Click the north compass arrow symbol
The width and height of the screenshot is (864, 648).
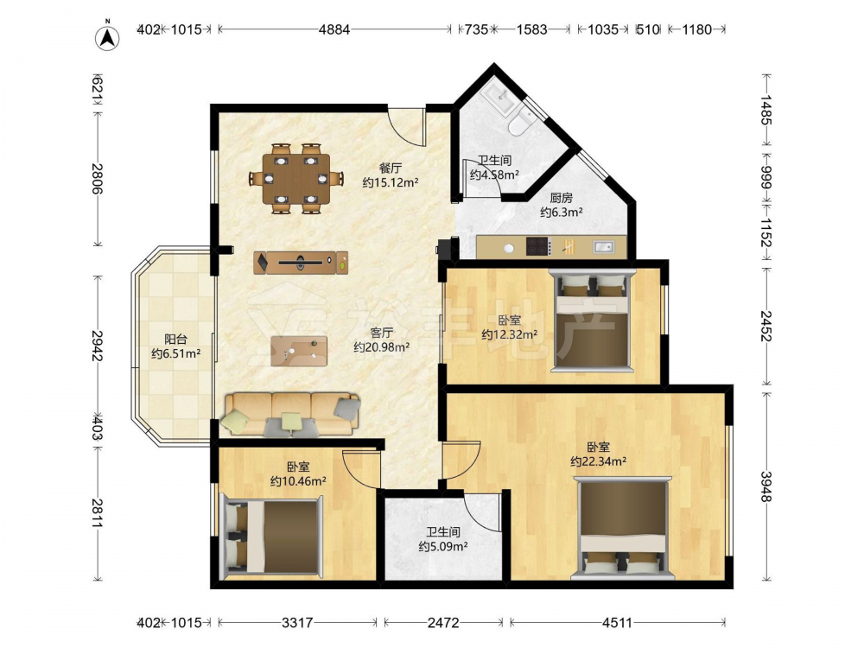click(x=108, y=36)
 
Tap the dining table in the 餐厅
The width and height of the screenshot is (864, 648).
click(x=295, y=178)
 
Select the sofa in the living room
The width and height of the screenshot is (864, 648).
click(x=290, y=415)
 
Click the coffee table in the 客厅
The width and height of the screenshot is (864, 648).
click(x=299, y=351)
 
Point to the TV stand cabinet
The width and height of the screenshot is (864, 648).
click(x=301, y=263)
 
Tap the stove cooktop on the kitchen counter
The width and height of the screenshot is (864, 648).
click(x=538, y=246)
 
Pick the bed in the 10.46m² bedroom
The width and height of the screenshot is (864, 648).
click(x=271, y=537)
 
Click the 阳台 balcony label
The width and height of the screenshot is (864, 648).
click(x=175, y=340)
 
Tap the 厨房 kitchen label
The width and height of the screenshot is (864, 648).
click(x=561, y=198)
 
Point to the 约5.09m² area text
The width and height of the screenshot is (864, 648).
click(x=443, y=547)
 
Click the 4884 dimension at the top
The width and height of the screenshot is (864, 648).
click(x=334, y=29)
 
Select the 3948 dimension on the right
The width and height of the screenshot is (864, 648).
click(x=766, y=486)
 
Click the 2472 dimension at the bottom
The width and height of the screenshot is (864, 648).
click(x=443, y=623)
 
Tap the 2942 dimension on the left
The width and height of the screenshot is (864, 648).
click(x=97, y=346)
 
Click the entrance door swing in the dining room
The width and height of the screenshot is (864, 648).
click(x=406, y=126)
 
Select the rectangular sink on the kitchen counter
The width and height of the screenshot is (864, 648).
click(x=603, y=247)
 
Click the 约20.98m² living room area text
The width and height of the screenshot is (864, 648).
click(x=381, y=347)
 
